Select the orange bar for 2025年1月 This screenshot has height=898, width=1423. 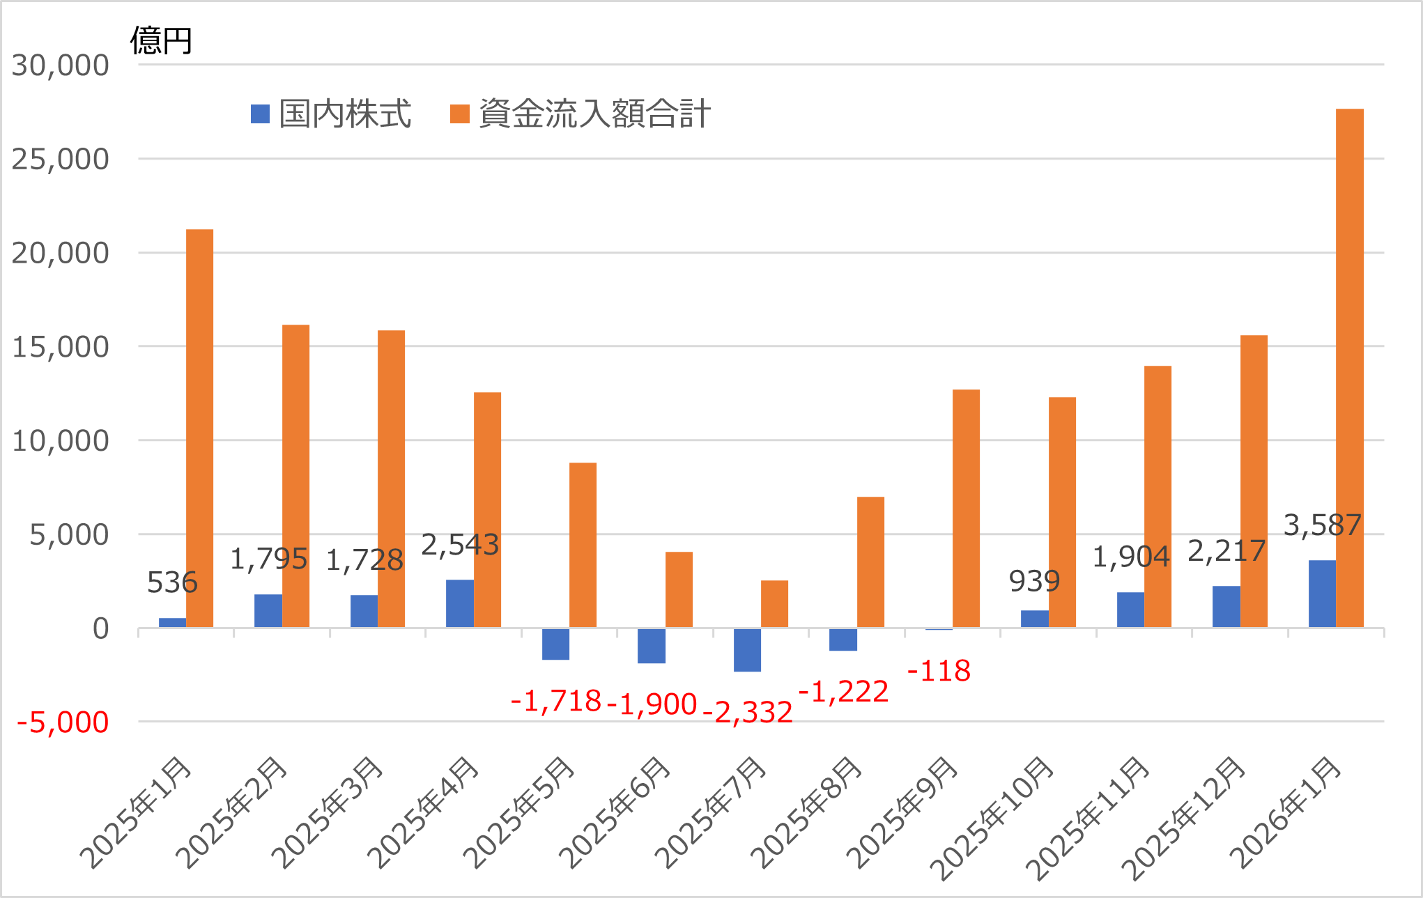(200, 428)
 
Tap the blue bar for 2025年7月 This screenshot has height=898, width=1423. (747, 650)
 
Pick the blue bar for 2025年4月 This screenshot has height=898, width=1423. (460, 604)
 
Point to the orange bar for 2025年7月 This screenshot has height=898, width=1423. (774, 604)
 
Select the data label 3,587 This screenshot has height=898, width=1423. (1322, 525)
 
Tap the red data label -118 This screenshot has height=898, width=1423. (939, 672)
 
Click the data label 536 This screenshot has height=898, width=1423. (172, 583)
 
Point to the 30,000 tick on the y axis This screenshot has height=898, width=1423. (61, 65)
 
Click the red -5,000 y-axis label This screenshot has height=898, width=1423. (63, 723)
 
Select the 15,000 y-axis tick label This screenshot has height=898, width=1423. (61, 347)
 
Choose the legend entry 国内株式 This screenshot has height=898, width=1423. (332, 114)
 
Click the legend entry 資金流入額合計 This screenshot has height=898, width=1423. (580, 114)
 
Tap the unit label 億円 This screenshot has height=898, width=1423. (161, 40)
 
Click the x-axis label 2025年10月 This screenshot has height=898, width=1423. (993, 819)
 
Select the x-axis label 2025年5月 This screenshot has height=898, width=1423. (519, 813)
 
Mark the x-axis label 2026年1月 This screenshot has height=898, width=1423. (1286, 813)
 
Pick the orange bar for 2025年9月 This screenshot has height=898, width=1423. (966, 509)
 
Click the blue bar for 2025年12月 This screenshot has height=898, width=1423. (1226, 607)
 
